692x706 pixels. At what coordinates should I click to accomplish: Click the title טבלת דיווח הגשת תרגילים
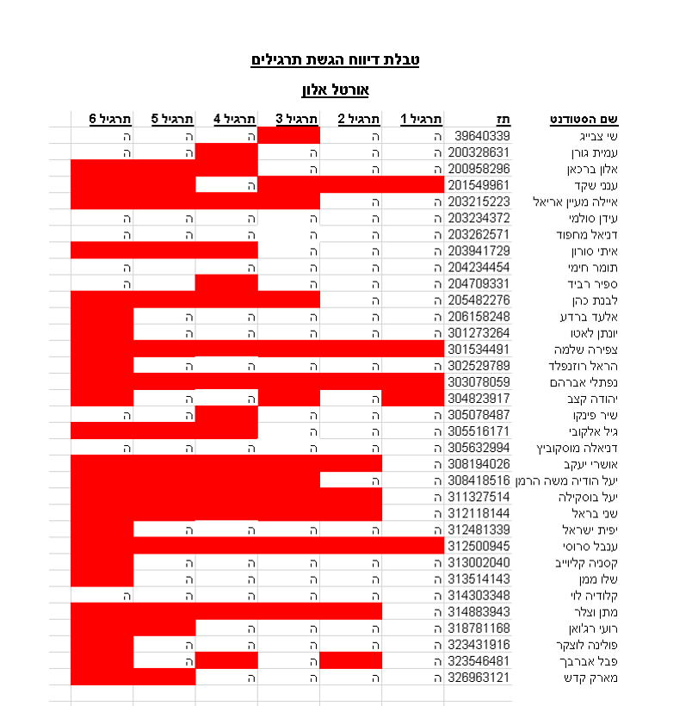(x=335, y=60)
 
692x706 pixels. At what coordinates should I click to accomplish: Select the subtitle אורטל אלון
(x=335, y=90)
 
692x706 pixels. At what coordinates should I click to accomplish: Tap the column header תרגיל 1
(x=422, y=119)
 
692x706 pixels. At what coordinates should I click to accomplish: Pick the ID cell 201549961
(x=479, y=184)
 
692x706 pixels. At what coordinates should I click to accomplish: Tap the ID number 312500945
(x=479, y=546)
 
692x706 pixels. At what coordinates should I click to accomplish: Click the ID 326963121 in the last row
(x=479, y=677)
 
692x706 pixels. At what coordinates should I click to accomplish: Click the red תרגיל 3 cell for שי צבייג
(x=288, y=135)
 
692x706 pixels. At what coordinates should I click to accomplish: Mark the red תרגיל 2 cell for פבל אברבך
(x=350, y=660)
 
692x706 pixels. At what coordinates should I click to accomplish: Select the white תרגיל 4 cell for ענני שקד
(x=226, y=184)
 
